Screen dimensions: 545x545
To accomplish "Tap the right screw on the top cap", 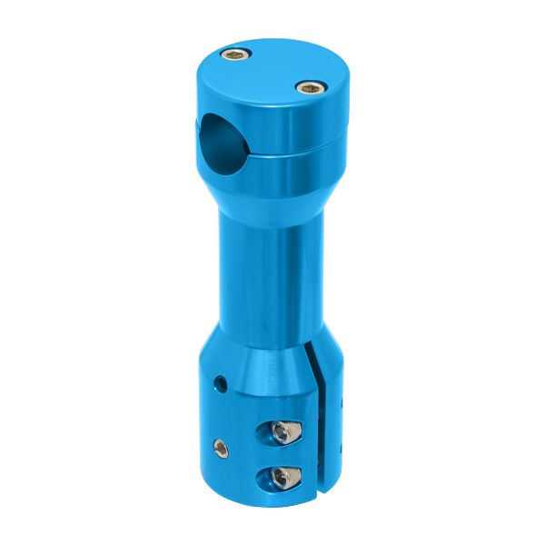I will [x=310, y=88].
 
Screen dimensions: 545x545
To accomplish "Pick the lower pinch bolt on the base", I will [x=284, y=475].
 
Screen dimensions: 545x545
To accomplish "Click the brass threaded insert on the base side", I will [x=219, y=446].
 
